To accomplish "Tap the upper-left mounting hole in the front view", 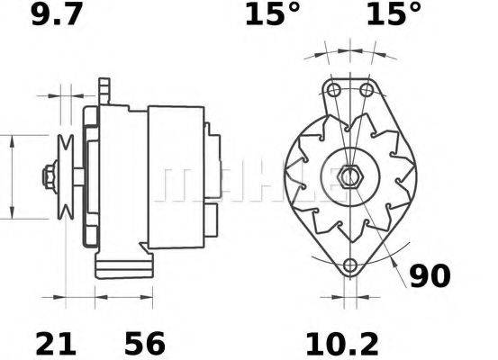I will (334, 91).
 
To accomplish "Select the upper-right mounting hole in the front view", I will (366, 91).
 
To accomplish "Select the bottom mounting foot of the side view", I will (122, 265).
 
